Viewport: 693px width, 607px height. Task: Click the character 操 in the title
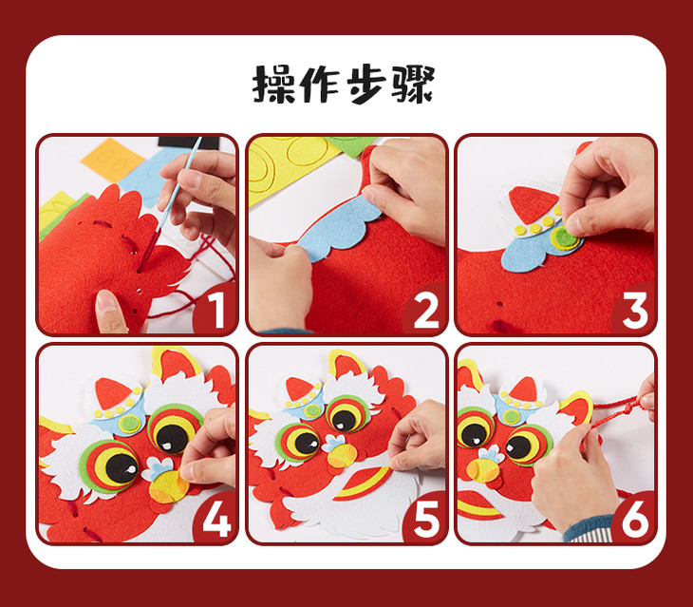click(x=273, y=85)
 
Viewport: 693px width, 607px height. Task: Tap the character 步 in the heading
click(x=366, y=85)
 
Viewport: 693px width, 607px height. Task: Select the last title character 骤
click(x=413, y=85)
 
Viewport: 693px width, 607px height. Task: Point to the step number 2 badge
click(x=425, y=310)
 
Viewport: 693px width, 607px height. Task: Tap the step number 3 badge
click(x=634, y=310)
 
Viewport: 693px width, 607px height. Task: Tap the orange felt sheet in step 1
click(x=112, y=160)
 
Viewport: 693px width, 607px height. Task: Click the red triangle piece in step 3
click(x=532, y=203)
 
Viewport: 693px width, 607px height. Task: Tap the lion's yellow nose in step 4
click(x=168, y=485)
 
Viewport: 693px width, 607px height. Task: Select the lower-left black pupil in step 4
click(x=122, y=468)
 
